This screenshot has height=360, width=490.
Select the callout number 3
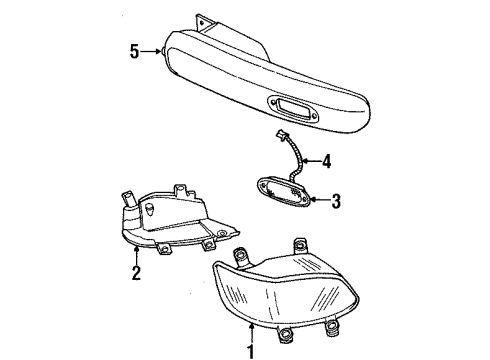pyautogui.click(x=336, y=201)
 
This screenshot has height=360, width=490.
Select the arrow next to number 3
pyautogui.click(x=318, y=201)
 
